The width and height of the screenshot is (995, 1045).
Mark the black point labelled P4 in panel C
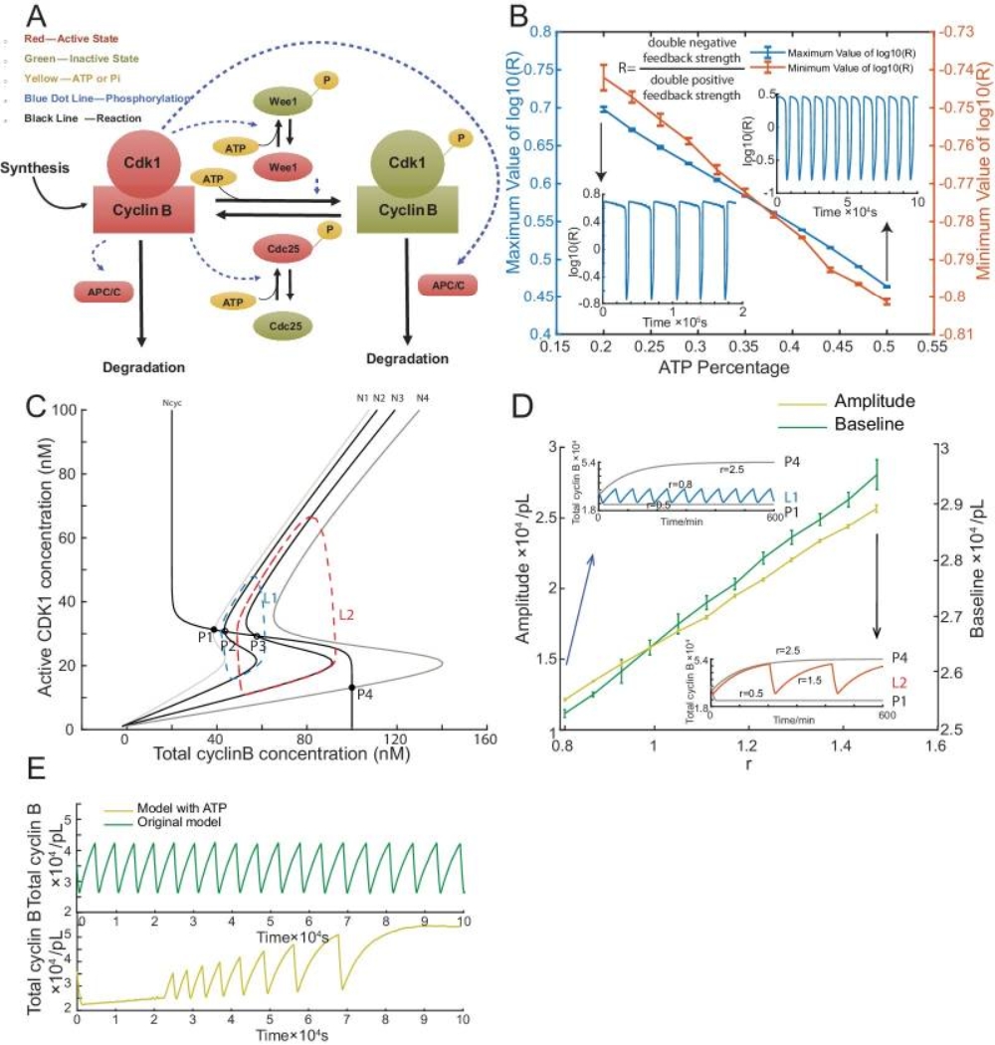click(351, 688)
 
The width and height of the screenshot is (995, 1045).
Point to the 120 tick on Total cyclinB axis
click(396, 741)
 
